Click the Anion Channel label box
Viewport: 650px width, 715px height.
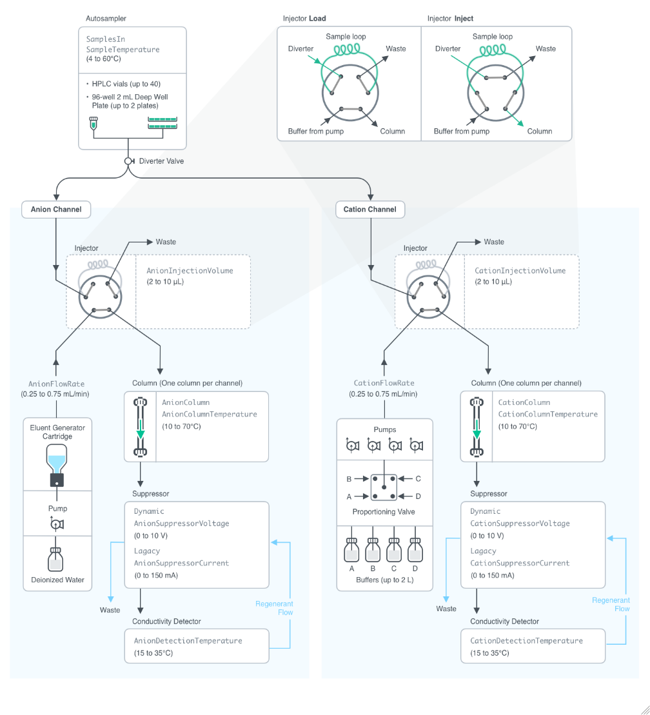click(x=56, y=210)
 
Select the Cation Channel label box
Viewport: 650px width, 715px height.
click(x=370, y=210)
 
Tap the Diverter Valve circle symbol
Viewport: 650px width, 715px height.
click(x=128, y=161)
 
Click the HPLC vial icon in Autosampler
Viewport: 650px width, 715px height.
click(x=93, y=123)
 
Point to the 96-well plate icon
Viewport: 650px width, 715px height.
click(x=162, y=122)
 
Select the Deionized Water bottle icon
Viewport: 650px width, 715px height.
click(x=57, y=558)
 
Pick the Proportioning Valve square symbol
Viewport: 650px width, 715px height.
click(x=384, y=487)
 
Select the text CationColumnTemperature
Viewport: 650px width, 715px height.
click(x=547, y=415)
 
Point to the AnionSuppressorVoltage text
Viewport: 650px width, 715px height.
click(x=181, y=524)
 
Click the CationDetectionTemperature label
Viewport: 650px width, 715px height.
click(x=526, y=641)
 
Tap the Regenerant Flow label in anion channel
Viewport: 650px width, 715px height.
click(x=274, y=608)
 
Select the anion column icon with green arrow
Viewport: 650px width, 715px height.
click(x=141, y=427)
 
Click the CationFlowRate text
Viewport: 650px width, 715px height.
click(x=384, y=383)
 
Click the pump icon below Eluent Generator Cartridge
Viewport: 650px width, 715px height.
click(x=57, y=524)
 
